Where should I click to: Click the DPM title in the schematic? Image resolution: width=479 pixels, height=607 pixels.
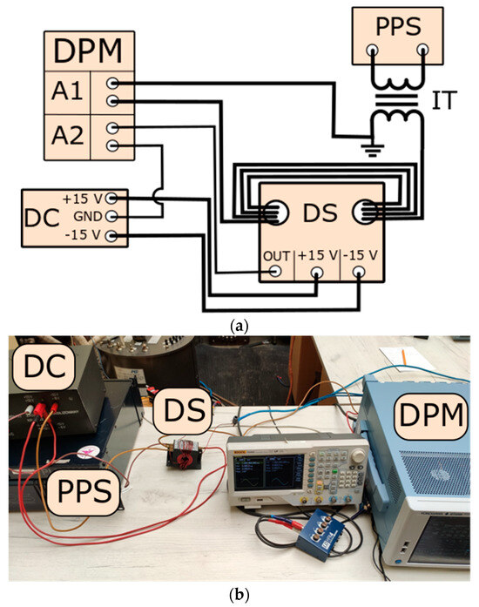(x=88, y=52)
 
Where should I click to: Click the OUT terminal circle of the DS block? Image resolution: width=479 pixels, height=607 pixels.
(x=276, y=272)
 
